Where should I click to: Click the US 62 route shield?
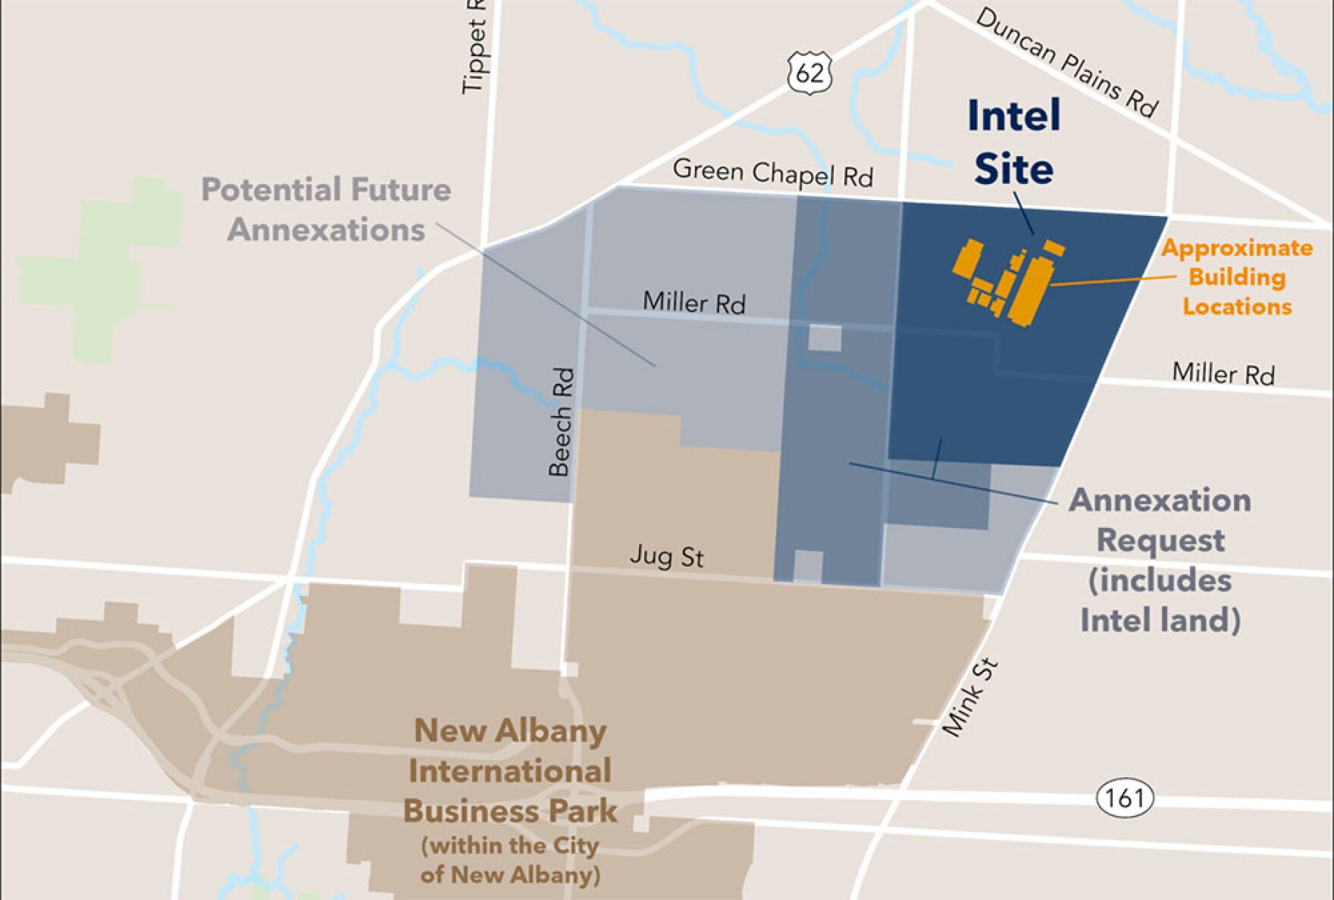[809, 73]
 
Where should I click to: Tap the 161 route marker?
[1125, 798]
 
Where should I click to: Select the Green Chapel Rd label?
[772, 173]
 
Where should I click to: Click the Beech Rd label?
[561, 422]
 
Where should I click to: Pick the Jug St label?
[666, 557]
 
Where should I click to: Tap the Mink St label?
[971, 698]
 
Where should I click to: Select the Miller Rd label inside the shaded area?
[694, 303]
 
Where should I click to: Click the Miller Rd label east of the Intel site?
[1223, 373]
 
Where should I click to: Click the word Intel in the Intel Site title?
[1014, 116]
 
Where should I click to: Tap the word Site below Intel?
[1013, 168]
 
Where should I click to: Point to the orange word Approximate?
[1236, 248]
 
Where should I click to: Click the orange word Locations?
[1237, 307]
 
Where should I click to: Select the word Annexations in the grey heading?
[326, 230]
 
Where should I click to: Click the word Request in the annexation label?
[1160, 541]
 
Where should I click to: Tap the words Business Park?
[510, 811]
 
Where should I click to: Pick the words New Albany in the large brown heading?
[510, 731]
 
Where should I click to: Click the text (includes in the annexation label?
[1160, 581]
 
